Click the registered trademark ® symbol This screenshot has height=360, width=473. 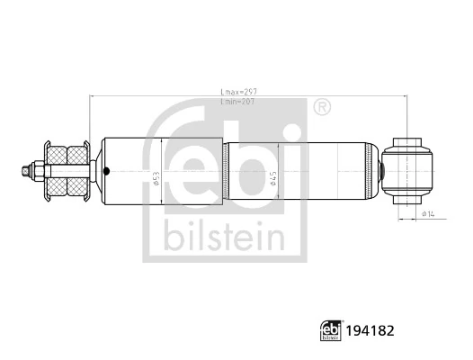pyautogui.click(x=321, y=109)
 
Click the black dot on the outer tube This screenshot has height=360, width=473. pyautogui.click(x=106, y=172)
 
